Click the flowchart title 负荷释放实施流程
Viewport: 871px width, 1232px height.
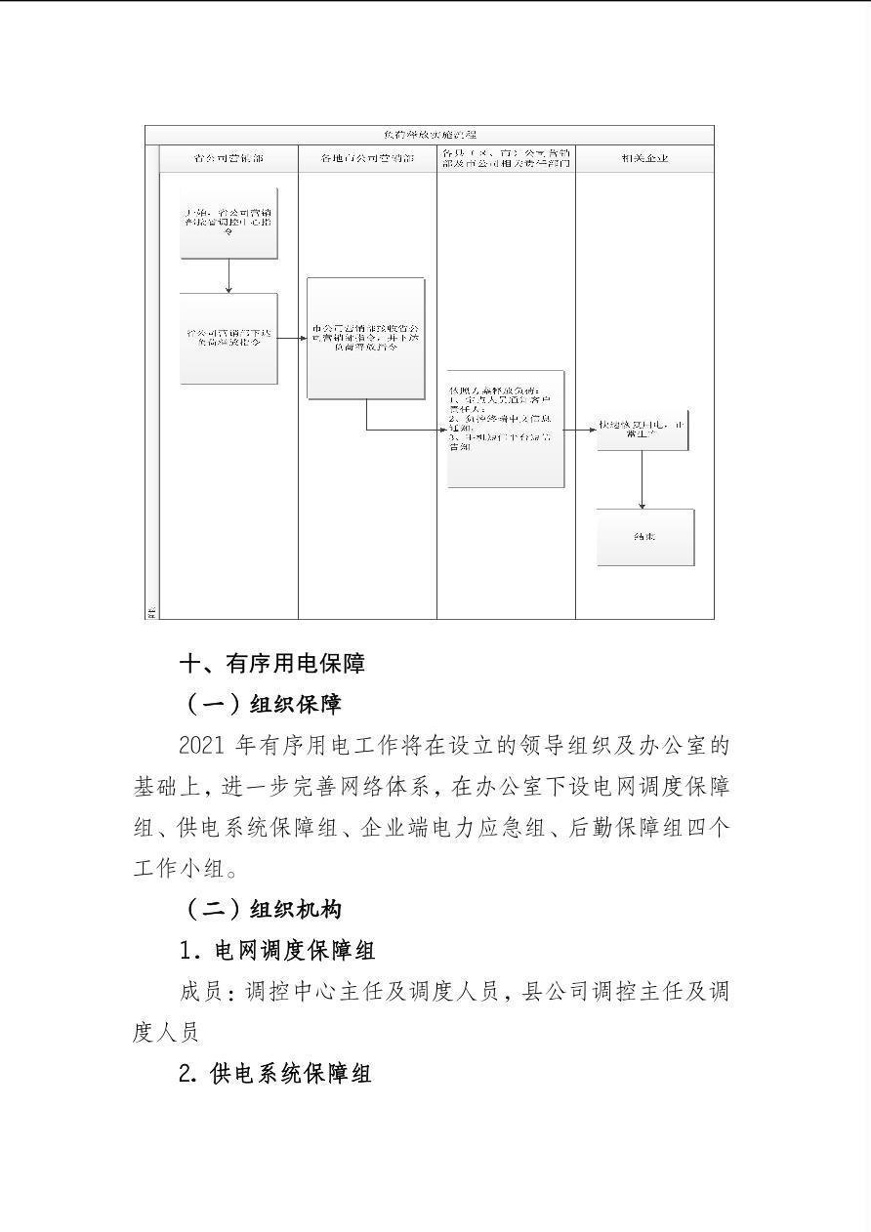click(x=430, y=135)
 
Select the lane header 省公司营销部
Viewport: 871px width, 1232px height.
click(x=228, y=158)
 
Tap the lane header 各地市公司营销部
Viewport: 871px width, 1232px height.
click(x=367, y=158)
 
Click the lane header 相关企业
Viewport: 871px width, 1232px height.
click(x=644, y=158)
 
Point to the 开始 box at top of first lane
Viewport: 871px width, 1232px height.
click(x=228, y=223)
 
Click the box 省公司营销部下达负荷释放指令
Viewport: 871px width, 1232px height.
click(x=228, y=338)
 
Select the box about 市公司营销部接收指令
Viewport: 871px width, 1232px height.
click(x=366, y=338)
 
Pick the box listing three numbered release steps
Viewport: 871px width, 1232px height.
click(x=506, y=429)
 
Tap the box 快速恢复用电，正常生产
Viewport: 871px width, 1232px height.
click(x=643, y=431)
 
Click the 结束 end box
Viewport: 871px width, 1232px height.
click(x=645, y=537)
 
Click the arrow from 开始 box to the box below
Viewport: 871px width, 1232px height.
click(x=228, y=276)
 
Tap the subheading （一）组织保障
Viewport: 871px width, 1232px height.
click(x=263, y=704)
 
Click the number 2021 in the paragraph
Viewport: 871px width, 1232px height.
click(x=203, y=746)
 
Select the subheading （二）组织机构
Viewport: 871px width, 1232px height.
click(x=263, y=909)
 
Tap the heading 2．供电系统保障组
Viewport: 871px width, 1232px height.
click(x=275, y=1074)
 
